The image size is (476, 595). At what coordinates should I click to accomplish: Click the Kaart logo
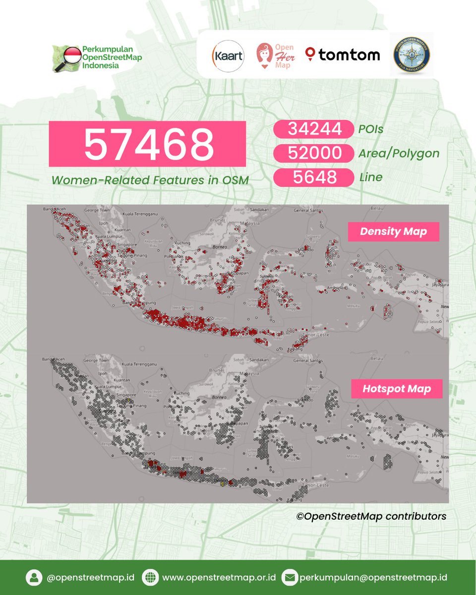[228, 55]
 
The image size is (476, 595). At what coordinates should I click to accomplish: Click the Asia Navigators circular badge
[411, 55]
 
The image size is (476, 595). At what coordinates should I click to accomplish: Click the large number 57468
[147, 143]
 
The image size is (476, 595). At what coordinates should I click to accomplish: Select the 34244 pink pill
[313, 129]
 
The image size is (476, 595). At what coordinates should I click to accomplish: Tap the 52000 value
[313, 153]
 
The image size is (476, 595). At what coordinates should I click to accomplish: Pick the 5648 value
[313, 177]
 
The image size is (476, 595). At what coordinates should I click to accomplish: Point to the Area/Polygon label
[399, 153]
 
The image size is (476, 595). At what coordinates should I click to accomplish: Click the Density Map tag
[393, 232]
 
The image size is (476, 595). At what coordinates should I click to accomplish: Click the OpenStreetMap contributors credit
[371, 516]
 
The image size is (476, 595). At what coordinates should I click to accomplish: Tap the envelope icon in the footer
[289, 578]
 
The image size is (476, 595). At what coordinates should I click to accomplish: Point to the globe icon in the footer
[149, 578]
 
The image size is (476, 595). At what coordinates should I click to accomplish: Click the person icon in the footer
[34, 578]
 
